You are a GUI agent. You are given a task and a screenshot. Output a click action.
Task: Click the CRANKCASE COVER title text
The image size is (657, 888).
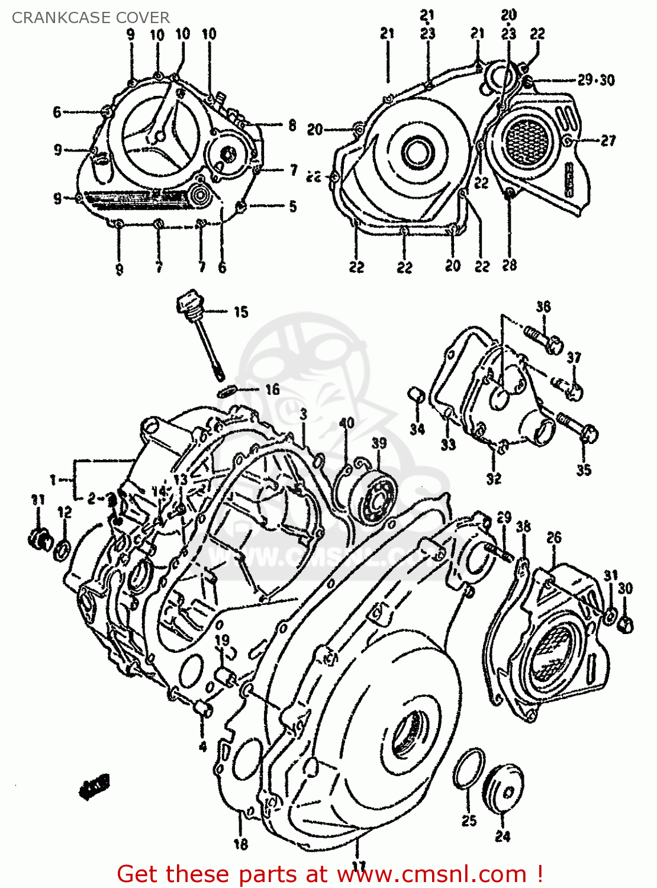91,18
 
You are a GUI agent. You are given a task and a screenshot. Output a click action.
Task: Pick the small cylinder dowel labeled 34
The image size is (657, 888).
417,395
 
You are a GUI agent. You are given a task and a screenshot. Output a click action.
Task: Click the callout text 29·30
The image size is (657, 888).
596,79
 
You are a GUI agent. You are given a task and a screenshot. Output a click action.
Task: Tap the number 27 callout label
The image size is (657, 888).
608,140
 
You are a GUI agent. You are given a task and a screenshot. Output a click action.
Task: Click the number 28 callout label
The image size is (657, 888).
509,265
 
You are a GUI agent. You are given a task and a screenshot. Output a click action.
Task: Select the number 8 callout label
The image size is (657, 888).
292,125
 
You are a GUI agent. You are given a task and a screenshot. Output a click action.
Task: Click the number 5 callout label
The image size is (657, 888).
292,206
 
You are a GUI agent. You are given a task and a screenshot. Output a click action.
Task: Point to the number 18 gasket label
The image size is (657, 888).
240,844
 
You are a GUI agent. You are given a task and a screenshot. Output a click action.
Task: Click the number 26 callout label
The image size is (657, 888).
553,538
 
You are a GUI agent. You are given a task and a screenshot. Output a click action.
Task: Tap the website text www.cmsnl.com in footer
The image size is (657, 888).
431,874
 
